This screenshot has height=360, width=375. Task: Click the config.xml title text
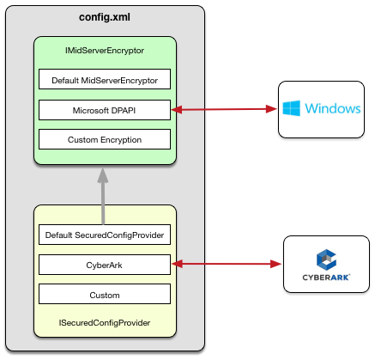point(105,17)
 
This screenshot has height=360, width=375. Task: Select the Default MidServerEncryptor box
point(105,79)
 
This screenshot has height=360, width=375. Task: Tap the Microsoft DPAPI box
point(105,110)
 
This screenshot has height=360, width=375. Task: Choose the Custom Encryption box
point(105,139)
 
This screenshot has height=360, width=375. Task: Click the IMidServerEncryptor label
point(105,51)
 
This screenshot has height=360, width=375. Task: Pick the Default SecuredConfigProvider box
point(105,235)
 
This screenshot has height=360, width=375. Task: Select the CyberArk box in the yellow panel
point(105,265)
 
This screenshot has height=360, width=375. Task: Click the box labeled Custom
point(105,294)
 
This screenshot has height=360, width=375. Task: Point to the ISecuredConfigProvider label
point(105,323)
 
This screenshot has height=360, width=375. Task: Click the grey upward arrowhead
point(103,175)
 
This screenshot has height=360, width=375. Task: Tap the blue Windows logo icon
point(291,108)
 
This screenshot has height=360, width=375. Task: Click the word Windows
point(333,108)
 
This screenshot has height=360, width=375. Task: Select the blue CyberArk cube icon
point(326,259)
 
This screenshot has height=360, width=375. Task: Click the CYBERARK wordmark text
point(326,278)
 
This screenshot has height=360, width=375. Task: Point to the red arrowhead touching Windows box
point(271,109)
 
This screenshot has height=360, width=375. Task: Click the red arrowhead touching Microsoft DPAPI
point(177,109)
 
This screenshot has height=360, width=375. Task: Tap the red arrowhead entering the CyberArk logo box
point(276,264)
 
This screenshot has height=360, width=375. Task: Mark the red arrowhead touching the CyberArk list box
point(177,264)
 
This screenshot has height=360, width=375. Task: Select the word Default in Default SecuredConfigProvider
point(58,235)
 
